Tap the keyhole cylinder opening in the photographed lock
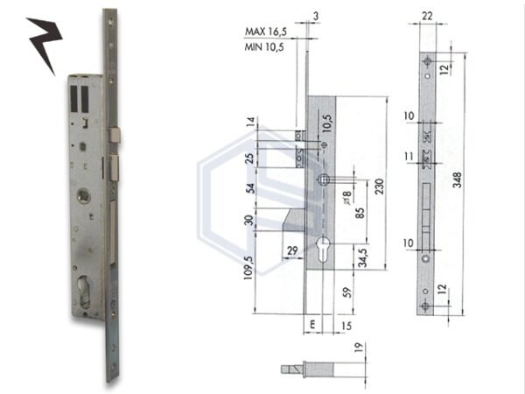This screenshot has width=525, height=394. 89,291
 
